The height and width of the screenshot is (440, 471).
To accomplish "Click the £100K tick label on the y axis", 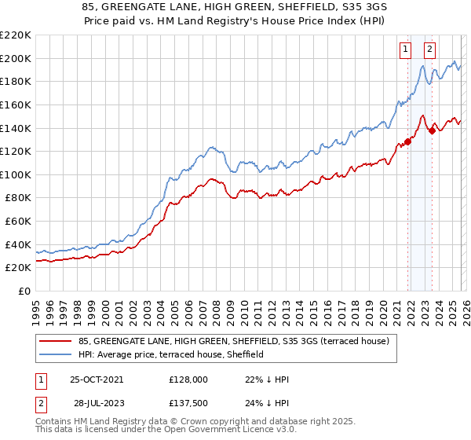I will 16,174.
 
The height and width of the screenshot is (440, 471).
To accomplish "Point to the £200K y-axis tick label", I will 16,58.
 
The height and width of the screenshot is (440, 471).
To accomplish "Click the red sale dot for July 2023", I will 432,130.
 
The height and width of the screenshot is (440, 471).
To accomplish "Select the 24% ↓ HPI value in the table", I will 267,402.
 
